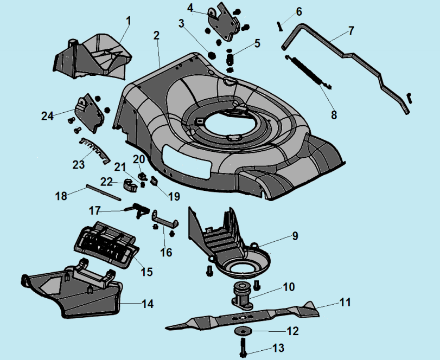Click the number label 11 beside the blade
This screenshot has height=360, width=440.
pos(346,301)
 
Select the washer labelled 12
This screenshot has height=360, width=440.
pos(241,331)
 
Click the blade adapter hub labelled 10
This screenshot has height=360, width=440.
pos(240,296)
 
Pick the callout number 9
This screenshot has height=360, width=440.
pos(295,236)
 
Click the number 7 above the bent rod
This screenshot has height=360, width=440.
pos(351,30)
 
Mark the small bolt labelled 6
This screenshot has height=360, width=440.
pos(280,24)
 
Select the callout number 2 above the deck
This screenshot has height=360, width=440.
pos(156,36)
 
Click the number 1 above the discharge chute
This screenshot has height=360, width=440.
pos(129,21)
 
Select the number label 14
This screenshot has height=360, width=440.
pos(147,304)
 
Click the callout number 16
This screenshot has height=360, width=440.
pos(166,252)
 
